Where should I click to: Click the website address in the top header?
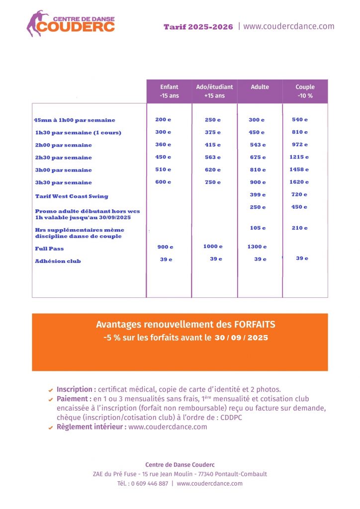pyautogui.click(x=289, y=26)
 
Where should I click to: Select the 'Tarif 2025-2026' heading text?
pyautogui.click(x=198, y=27)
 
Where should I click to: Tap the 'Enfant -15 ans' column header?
pyautogui.click(x=169, y=91)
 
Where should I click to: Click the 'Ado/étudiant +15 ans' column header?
pyautogui.click(x=214, y=91)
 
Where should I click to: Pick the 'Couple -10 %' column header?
pyautogui.click(x=305, y=91)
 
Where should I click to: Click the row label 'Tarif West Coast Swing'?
pyautogui.click(x=72, y=196)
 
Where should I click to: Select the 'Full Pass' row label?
pyautogui.click(x=49, y=249)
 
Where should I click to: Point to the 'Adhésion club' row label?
pyautogui.click(x=58, y=261)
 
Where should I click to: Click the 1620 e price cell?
pyautogui.click(x=299, y=182)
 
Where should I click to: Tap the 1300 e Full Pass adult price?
pyautogui.click(x=257, y=247)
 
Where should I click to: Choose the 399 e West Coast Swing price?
pyautogui.click(x=257, y=195)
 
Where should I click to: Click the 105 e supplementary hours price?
pyautogui.click(x=257, y=228)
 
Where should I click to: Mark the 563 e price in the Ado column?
pyautogui.click(x=212, y=157)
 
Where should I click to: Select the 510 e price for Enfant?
pyautogui.click(x=163, y=170)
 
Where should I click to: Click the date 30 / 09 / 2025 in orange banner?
pyautogui.click(x=241, y=338)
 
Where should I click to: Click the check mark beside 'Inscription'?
pyautogui.click(x=51, y=390)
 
